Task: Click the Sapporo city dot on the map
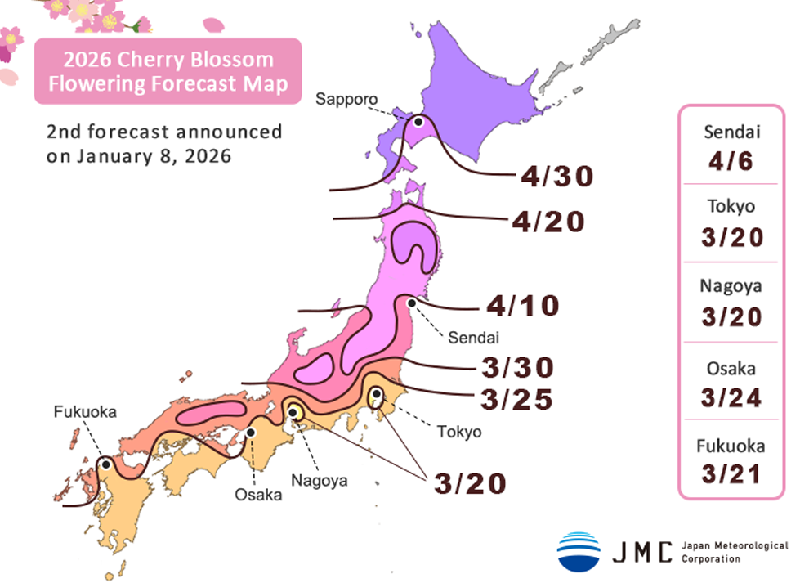[x=418, y=121]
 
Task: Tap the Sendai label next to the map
[x=468, y=336]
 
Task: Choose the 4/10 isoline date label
[x=523, y=307]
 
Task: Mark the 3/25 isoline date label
[x=516, y=400]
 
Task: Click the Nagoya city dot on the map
[x=293, y=411]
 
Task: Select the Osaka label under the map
[x=258, y=495]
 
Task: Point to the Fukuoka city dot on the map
[x=105, y=464]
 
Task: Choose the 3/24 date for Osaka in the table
[x=731, y=397]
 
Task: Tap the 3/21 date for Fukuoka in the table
[x=731, y=473]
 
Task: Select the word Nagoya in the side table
[x=731, y=286]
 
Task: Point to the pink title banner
[x=168, y=72]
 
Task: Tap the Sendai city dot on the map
[x=413, y=303]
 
